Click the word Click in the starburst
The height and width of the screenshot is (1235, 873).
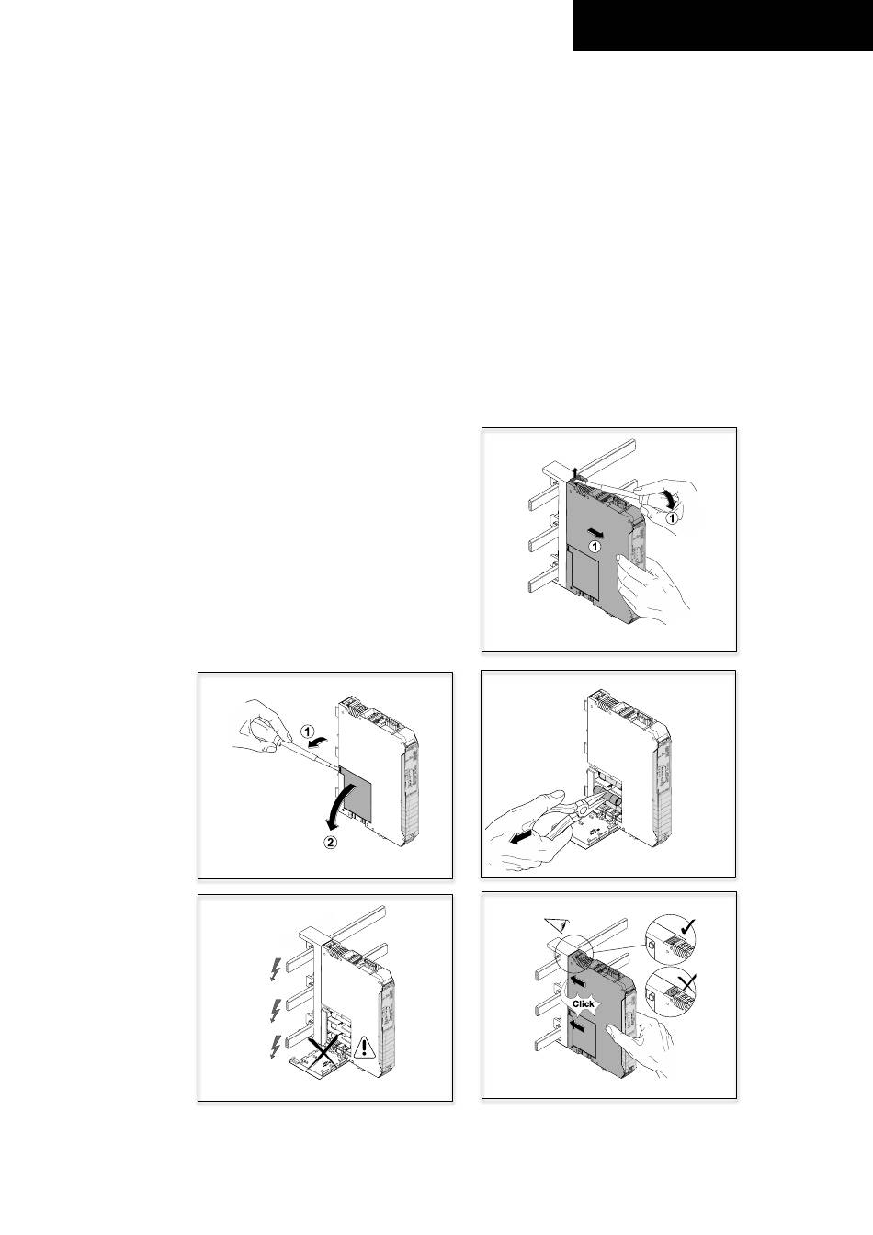[583, 1004]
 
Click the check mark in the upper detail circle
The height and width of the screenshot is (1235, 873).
[687, 926]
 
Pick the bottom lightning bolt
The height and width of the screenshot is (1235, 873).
[276, 1047]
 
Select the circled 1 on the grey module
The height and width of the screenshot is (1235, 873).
[594, 547]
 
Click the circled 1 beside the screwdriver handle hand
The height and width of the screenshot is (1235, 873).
[672, 517]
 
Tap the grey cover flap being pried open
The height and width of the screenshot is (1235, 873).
[356, 792]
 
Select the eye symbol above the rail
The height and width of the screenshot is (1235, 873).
[556, 924]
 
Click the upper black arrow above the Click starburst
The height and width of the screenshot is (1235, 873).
[577, 981]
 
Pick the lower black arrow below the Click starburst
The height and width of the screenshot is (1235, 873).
[577, 1025]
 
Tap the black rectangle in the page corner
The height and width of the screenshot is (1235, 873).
[723, 26]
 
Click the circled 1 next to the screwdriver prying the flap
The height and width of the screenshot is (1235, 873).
[307, 731]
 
